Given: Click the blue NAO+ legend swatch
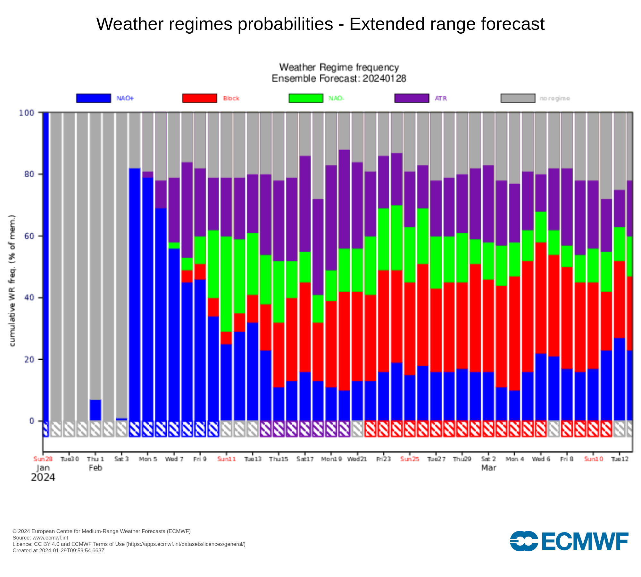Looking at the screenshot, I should (x=94, y=98).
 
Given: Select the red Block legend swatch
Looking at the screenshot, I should (x=200, y=98).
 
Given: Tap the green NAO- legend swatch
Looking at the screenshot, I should (x=306, y=98).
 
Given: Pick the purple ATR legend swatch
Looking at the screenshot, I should (x=412, y=98).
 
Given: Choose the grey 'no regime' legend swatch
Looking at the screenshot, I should (x=518, y=98).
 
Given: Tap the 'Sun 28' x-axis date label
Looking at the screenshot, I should (x=43, y=459).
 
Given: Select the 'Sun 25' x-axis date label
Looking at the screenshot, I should (x=410, y=459).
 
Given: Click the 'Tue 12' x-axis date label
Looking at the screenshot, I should (x=620, y=459).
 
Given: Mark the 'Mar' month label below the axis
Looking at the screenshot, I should (x=488, y=468).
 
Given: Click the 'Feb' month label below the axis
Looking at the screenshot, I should (x=96, y=468).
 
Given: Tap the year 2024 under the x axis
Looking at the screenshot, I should (x=43, y=478).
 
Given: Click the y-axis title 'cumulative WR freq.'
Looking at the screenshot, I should (x=12, y=280).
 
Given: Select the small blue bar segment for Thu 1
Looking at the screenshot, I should (x=96, y=410).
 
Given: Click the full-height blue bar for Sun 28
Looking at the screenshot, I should (x=46, y=266).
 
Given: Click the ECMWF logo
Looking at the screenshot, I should (x=569, y=541).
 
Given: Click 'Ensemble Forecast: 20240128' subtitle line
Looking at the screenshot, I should (x=339, y=79).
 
